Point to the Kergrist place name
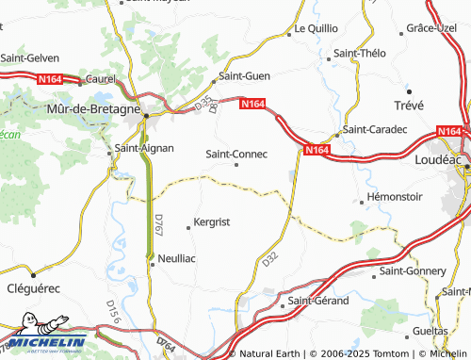click(x=211, y=222)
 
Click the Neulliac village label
click(x=177, y=257)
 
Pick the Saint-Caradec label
click(x=375, y=128)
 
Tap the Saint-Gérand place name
click(x=318, y=301)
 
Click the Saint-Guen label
click(x=244, y=76)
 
